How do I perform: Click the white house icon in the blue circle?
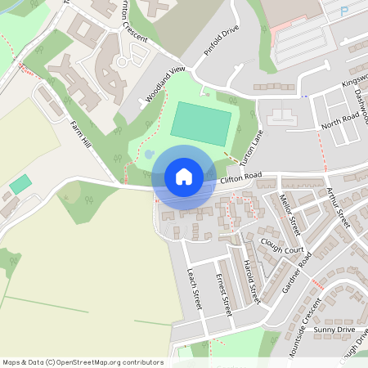click(184, 177)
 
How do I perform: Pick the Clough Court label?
click(282, 245)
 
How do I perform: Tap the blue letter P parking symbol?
click(344, 12)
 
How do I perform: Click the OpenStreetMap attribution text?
click(82, 362)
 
